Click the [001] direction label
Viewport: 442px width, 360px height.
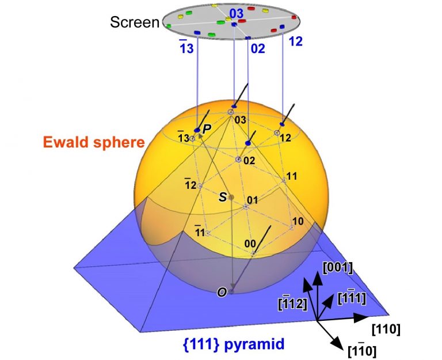point(339,267)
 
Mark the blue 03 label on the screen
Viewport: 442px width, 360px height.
point(237,13)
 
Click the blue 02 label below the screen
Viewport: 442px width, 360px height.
point(258,49)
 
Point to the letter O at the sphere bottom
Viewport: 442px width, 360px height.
point(221,292)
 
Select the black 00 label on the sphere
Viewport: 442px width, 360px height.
point(249,244)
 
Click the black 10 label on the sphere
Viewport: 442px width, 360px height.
point(298,221)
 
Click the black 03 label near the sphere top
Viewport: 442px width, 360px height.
point(240,120)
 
